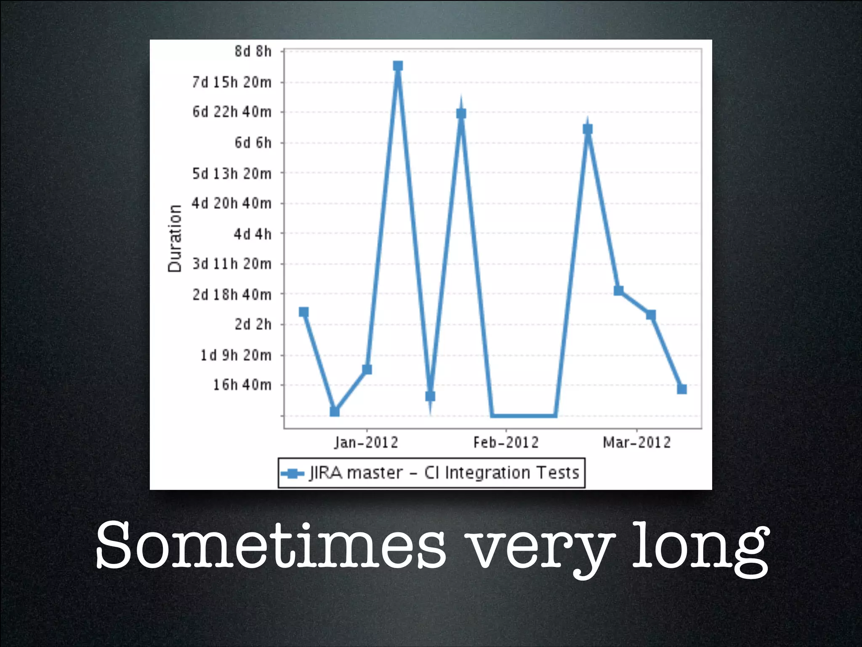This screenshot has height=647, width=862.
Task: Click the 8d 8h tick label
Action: pos(253,51)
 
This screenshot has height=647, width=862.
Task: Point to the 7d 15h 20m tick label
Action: pos(232,82)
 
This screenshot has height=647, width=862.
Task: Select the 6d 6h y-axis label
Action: pos(253,143)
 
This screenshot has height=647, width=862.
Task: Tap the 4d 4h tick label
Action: pos(253,234)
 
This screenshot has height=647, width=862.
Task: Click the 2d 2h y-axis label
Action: pos(253,324)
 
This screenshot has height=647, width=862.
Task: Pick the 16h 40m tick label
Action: pos(242,385)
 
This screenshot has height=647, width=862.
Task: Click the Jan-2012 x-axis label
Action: pos(366,442)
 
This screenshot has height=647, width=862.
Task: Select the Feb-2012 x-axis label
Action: pos(506,442)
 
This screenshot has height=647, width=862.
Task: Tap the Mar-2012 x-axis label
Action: pos(637,442)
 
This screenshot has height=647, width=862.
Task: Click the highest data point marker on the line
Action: pos(398,66)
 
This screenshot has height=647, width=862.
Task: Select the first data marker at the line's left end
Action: pos(303,312)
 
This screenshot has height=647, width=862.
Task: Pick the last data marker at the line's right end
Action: pos(682,389)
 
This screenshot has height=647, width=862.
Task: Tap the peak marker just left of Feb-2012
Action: pos(461,114)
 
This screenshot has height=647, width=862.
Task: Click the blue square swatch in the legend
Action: pos(292,473)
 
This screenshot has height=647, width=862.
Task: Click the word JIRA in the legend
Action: pos(326,473)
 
